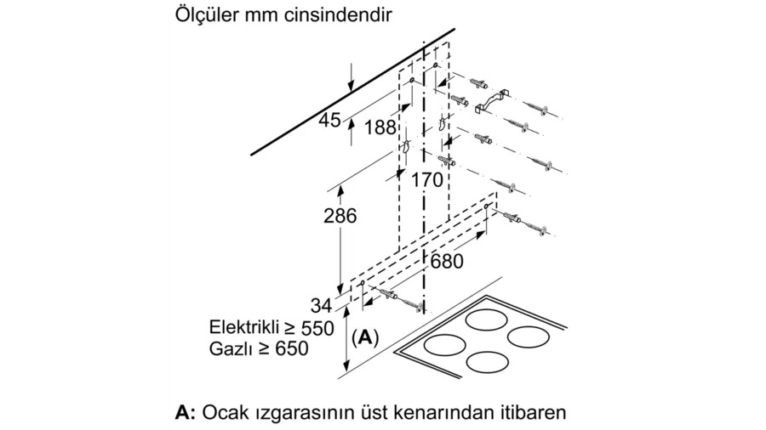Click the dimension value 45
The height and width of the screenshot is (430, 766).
[x=329, y=120]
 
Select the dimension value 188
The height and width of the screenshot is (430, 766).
[x=380, y=127]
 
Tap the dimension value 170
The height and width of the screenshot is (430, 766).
[x=427, y=180]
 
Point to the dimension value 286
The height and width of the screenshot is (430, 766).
[x=340, y=216]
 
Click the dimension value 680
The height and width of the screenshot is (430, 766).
[x=447, y=262]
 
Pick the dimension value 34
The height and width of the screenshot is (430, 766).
[x=321, y=306]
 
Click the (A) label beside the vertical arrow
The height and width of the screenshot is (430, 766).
[x=365, y=337]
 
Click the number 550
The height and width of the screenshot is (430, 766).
[x=317, y=328]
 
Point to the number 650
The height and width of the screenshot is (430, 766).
[x=292, y=348]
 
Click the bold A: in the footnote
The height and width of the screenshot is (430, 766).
[x=186, y=413]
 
